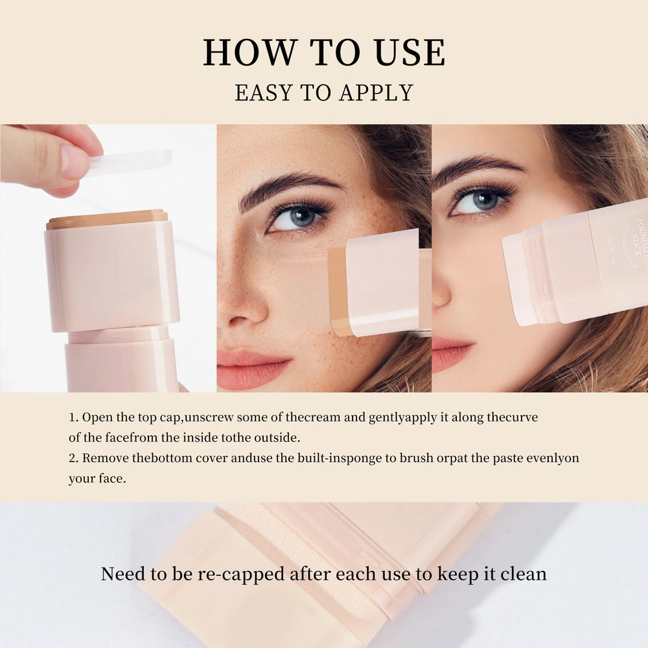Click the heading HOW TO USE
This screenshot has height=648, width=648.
tap(324, 53)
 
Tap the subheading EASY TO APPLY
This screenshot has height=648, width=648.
tap(324, 93)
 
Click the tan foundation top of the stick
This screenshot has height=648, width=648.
tap(107, 218)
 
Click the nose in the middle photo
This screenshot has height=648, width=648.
tap(245, 305)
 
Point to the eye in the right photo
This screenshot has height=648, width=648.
tap(480, 201)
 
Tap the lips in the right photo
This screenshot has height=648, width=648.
tap(448, 353)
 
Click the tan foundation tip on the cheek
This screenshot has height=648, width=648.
tap(338, 292)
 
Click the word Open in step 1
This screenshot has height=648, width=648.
tap(95, 417)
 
